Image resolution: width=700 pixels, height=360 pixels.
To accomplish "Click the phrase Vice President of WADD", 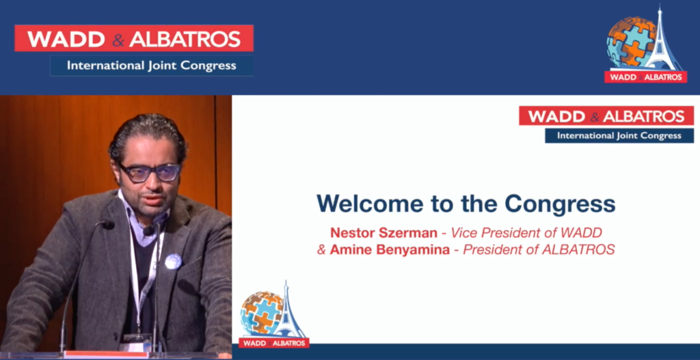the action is click(x=526, y=232).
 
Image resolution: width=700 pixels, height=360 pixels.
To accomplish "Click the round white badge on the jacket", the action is click(x=173, y=262).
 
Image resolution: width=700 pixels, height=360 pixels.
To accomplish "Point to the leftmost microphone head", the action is click(x=107, y=224).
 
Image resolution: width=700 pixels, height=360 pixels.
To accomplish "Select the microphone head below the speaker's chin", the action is click(x=148, y=230).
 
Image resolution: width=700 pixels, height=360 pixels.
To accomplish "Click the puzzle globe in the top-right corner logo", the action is click(x=630, y=42).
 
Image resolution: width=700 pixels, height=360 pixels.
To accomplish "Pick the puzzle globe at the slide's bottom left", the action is click(x=262, y=313).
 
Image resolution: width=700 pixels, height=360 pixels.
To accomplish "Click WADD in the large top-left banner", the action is click(x=66, y=39).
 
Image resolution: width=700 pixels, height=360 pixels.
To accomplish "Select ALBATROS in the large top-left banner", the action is click(x=185, y=39).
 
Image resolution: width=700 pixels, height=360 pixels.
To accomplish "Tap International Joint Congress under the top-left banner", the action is click(x=151, y=66).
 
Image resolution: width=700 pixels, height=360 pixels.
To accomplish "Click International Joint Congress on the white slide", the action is click(x=619, y=136).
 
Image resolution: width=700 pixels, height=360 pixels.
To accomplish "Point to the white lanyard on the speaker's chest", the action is click(x=139, y=277).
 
